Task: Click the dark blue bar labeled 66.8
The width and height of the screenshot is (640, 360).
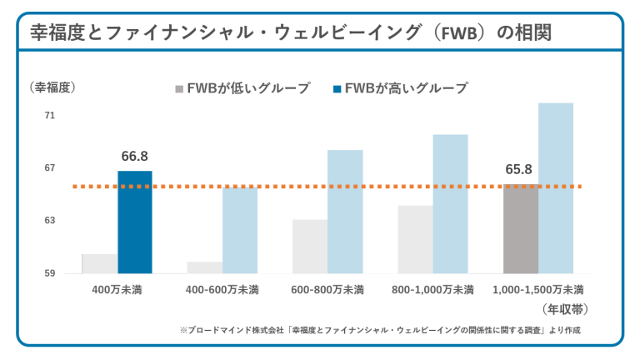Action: click(135, 222)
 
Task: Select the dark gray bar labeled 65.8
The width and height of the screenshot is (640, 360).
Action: click(521, 229)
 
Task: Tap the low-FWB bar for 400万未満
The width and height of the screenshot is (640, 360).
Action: click(99, 263)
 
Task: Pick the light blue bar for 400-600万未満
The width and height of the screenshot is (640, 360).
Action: click(240, 230)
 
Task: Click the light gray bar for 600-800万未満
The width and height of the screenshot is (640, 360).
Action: click(309, 246)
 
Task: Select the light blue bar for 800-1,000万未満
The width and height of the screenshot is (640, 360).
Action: click(450, 203)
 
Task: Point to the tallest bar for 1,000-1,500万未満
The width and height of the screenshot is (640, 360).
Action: click(556, 187)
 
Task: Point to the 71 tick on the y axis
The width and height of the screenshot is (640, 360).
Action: click(49, 116)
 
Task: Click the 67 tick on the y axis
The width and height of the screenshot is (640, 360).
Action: click(49, 168)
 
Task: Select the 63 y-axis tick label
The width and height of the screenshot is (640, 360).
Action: click(49, 221)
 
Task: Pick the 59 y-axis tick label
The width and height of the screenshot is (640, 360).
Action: click(49, 273)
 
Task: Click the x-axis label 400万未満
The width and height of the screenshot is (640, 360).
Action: click(117, 290)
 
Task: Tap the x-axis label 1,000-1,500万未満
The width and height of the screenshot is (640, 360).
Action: click(538, 290)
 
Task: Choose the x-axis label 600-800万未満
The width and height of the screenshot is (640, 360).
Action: click(327, 290)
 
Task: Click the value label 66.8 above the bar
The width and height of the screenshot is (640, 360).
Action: click(134, 156)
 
